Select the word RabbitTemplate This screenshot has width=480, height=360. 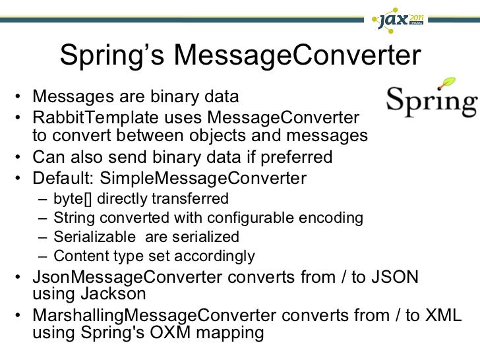coord(88,117)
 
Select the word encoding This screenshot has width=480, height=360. coord(336,218)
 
